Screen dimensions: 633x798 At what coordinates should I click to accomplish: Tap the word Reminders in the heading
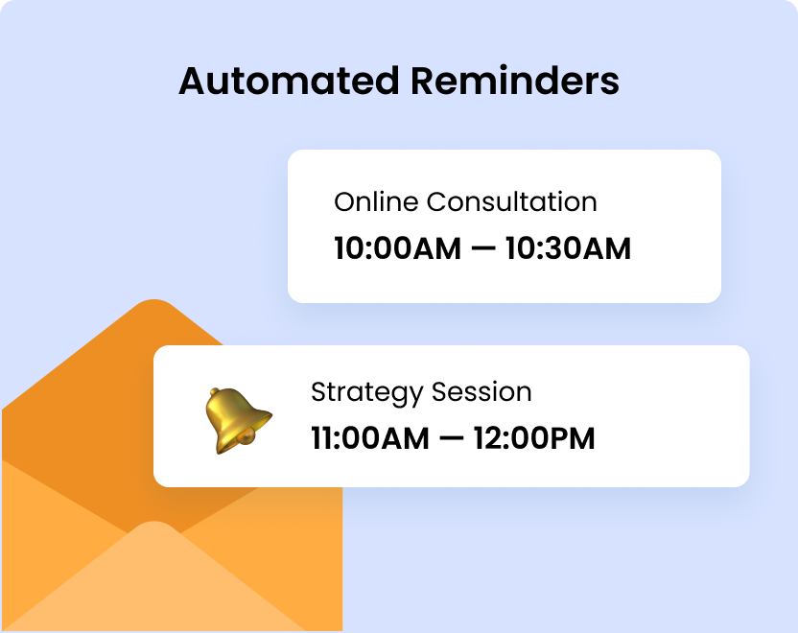(x=514, y=81)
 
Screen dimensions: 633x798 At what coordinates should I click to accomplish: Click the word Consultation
(x=511, y=202)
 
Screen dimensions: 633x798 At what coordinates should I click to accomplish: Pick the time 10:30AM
(x=568, y=248)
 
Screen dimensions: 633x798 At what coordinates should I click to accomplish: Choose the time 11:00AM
(x=370, y=438)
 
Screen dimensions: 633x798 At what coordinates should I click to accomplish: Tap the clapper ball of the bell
(x=246, y=438)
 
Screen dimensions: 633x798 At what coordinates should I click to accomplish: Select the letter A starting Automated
(x=193, y=81)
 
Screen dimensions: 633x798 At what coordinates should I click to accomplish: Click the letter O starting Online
(x=344, y=202)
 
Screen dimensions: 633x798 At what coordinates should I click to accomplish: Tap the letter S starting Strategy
(x=318, y=392)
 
